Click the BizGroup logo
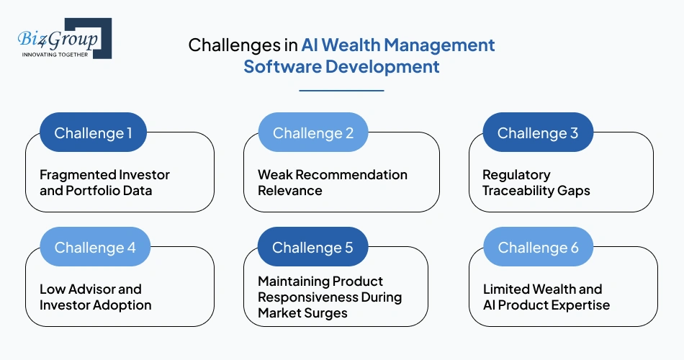(x=65, y=38)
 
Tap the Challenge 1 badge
(x=94, y=132)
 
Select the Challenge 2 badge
(x=313, y=132)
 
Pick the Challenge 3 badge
(x=538, y=132)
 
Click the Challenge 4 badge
(x=95, y=247)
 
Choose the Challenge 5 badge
(x=312, y=247)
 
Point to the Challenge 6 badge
(x=538, y=247)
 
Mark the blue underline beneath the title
(x=341, y=91)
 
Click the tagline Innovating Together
(x=55, y=54)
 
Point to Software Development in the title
(x=341, y=67)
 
